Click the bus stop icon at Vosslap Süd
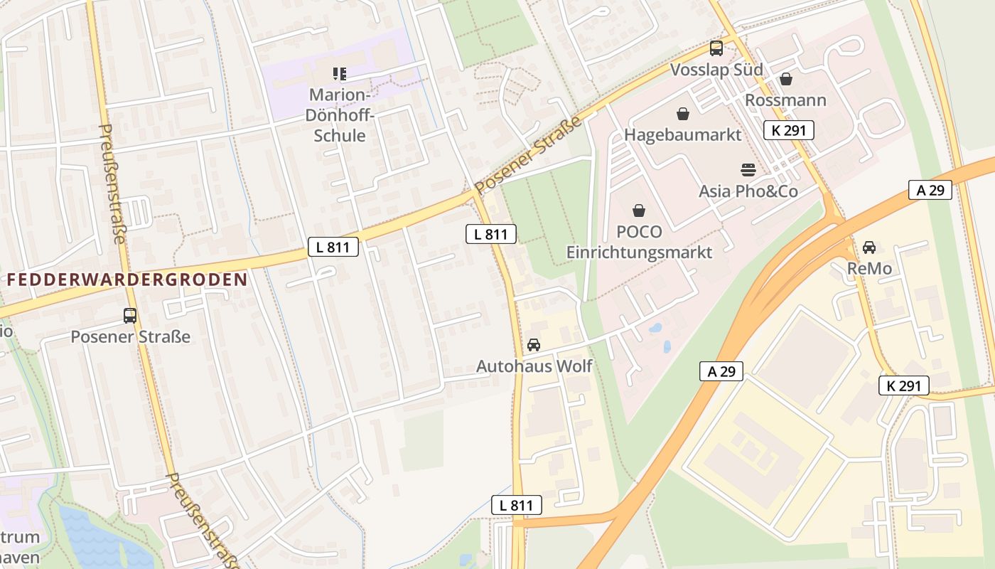pyautogui.click(x=716, y=48)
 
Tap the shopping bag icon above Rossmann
pyautogui.click(x=785, y=79)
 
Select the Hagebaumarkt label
pyautogui.click(x=682, y=134)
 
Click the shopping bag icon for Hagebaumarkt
pyautogui.click(x=682, y=114)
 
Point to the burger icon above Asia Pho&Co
pyautogui.click(x=748, y=170)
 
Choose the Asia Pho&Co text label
pyautogui.click(x=748, y=191)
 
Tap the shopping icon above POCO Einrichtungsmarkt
pyautogui.click(x=639, y=211)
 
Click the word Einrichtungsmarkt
pyautogui.click(x=639, y=252)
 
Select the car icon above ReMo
pyautogui.click(x=868, y=248)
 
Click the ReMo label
pyautogui.click(x=868, y=269)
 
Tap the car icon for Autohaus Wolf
pyautogui.click(x=533, y=345)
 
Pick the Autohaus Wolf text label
pyautogui.click(x=533, y=366)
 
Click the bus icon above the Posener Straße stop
pyautogui.click(x=130, y=315)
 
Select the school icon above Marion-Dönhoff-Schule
pyautogui.click(x=340, y=74)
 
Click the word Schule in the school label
pyautogui.click(x=340, y=136)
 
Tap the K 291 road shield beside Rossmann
pyautogui.click(x=788, y=130)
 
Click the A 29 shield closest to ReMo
pyautogui.click(x=930, y=190)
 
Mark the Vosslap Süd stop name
pyautogui.click(x=716, y=70)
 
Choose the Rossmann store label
pyautogui.click(x=785, y=100)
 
